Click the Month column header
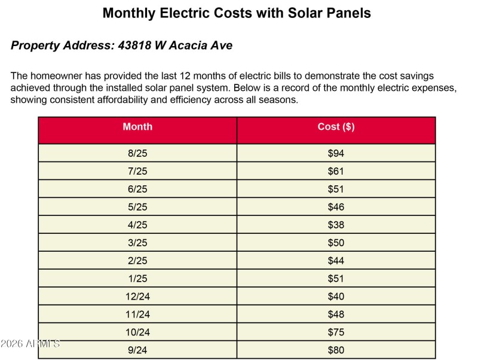click(x=137, y=127)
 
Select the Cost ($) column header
click(x=336, y=127)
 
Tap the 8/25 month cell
click(x=137, y=154)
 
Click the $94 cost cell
click(x=336, y=154)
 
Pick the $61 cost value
click(x=336, y=172)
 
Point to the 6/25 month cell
click(x=137, y=190)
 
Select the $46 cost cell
click(x=336, y=208)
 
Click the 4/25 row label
click(x=137, y=225)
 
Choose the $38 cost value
click(x=336, y=225)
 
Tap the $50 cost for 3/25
click(x=336, y=243)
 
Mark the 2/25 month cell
click(x=137, y=261)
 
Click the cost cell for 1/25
click(x=336, y=279)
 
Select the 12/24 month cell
click(x=137, y=297)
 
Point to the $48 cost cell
click(x=336, y=315)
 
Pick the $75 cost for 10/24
click(x=336, y=332)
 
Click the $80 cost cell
click(x=336, y=350)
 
